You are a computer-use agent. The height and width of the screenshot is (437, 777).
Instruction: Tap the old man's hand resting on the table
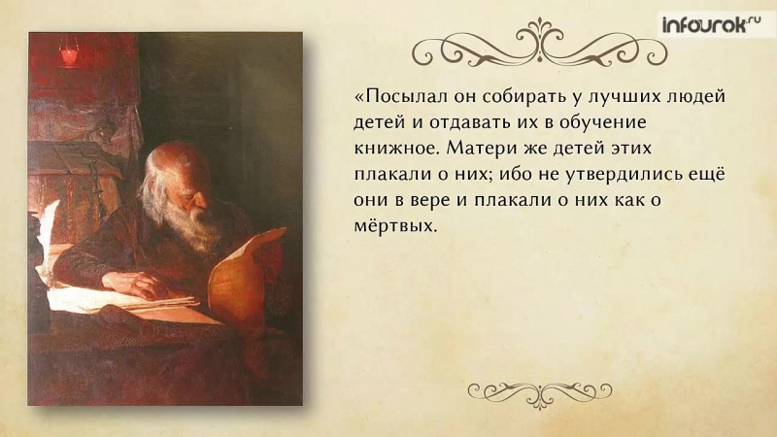point(133,285)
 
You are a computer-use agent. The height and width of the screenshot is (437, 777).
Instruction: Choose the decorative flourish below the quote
point(540,394)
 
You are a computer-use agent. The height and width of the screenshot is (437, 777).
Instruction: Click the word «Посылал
point(401,96)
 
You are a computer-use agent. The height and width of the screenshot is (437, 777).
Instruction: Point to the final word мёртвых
point(396,226)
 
